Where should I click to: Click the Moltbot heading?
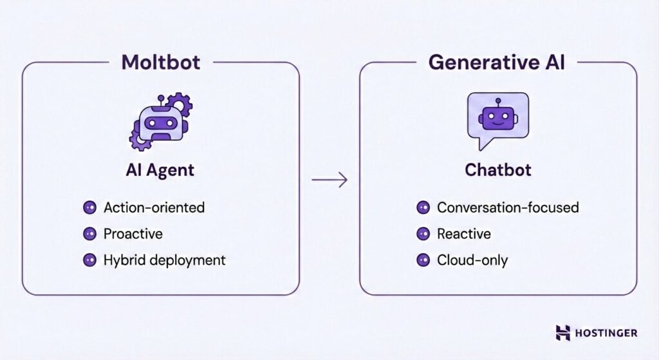click(x=160, y=62)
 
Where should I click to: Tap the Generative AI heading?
click(x=497, y=62)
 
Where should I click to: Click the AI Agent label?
click(x=160, y=171)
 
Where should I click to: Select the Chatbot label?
click(x=497, y=171)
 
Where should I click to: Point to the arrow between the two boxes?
click(x=329, y=180)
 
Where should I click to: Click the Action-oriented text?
click(x=154, y=207)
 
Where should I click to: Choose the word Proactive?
click(x=133, y=234)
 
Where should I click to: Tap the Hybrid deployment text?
click(x=165, y=260)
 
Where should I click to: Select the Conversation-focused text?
click(x=508, y=207)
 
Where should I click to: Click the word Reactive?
click(x=463, y=234)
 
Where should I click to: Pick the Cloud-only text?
click(x=472, y=260)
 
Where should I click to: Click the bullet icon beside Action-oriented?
click(x=89, y=207)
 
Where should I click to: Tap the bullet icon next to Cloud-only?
click(x=423, y=260)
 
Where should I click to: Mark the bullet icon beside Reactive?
click(x=423, y=234)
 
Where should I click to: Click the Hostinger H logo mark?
click(x=563, y=333)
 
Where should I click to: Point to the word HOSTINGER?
click(x=607, y=333)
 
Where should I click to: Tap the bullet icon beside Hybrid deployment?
click(x=89, y=260)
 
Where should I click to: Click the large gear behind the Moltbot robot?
click(x=178, y=104)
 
